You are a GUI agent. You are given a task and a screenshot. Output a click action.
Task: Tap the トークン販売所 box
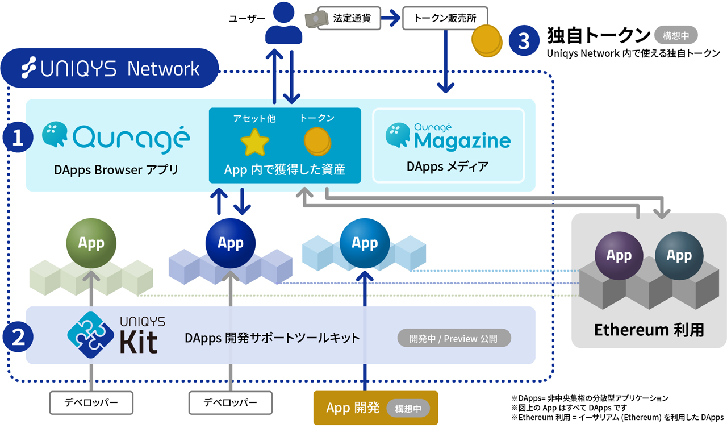click(x=445, y=18)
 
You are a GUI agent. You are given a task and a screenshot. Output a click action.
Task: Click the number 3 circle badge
click(x=523, y=41)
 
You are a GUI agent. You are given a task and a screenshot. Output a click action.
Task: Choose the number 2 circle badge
click(x=18, y=338)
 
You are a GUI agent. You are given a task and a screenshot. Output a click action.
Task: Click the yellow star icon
click(x=255, y=142)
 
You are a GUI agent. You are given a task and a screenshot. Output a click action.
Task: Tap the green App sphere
click(x=91, y=243)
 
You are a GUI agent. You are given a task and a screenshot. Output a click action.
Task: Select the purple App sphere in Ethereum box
click(x=619, y=255)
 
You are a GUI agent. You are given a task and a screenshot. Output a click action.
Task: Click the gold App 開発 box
click(x=375, y=408)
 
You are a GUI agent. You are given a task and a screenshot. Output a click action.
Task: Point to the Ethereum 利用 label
click(x=649, y=330)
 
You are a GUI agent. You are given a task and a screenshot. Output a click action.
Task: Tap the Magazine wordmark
click(x=462, y=140)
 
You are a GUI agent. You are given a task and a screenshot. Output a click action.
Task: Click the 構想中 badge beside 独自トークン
click(x=676, y=35)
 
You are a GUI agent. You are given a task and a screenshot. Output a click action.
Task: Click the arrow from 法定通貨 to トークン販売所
click(x=390, y=18)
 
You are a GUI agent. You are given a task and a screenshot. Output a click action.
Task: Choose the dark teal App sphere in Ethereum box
click(x=679, y=255)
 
